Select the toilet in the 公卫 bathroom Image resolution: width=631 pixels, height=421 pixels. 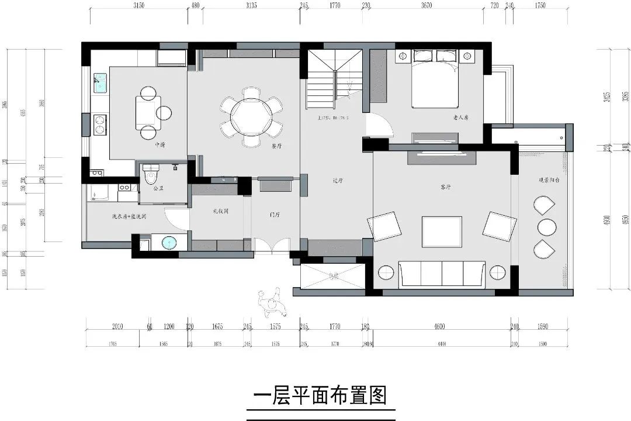(x=151, y=174)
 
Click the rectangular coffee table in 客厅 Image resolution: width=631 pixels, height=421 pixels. (x=441, y=232)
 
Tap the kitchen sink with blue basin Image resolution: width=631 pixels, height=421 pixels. (x=99, y=83)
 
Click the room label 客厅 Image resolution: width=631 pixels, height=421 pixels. (x=446, y=187)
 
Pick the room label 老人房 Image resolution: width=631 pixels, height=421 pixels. (x=461, y=118)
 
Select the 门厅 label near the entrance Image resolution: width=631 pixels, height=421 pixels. (x=275, y=215)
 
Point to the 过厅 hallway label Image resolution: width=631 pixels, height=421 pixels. (x=337, y=181)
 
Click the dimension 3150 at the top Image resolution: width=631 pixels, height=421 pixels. (x=138, y=6)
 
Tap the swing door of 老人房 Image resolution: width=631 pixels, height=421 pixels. (x=379, y=125)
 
